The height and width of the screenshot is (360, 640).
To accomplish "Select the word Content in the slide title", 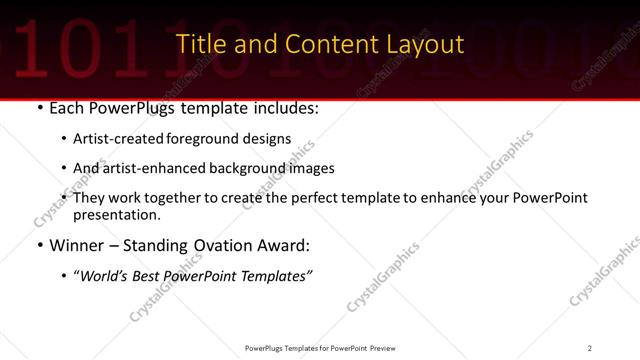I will tap(320, 44).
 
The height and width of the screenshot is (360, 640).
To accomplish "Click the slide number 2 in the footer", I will tap(590, 348).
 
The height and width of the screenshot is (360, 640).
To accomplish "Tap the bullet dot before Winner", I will tap(38, 245).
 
